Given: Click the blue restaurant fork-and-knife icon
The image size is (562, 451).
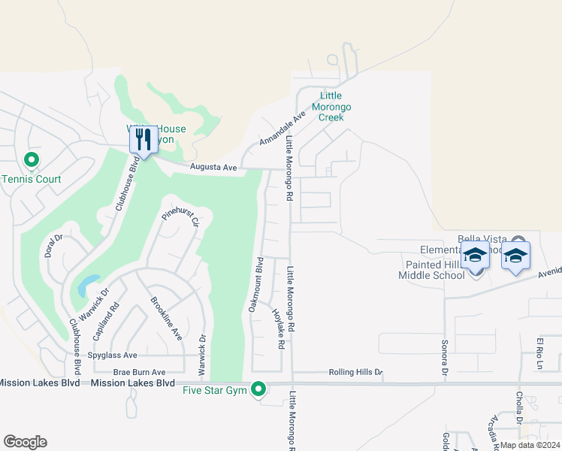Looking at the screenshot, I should [144, 140].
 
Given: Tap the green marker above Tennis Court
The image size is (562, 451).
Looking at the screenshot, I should [32, 160].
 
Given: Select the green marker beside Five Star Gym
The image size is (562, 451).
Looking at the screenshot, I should [258, 389].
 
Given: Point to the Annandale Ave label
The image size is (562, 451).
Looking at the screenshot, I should [283, 129].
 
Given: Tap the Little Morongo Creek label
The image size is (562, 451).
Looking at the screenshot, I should [331, 107].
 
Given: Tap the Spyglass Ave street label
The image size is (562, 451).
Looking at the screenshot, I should [113, 355].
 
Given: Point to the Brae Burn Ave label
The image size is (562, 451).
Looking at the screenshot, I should [139, 372].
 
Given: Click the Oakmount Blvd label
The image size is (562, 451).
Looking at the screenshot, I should [255, 285].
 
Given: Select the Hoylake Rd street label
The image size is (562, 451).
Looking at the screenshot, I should [278, 328].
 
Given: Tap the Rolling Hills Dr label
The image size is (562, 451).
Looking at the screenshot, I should [355, 372].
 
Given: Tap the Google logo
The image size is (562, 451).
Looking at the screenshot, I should [25, 442].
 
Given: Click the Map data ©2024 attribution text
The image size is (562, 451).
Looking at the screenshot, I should [529, 445].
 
